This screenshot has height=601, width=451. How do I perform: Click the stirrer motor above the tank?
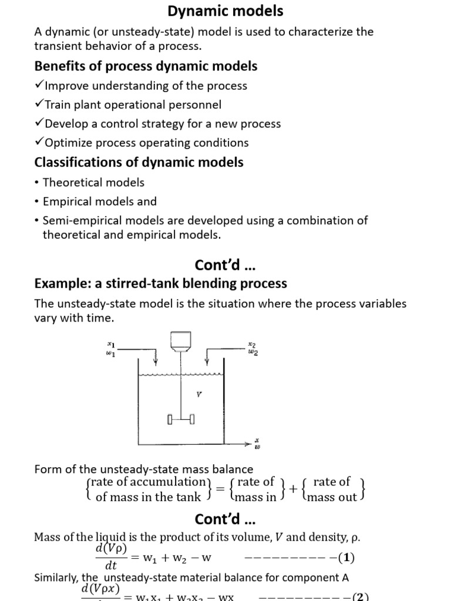tap(179, 342)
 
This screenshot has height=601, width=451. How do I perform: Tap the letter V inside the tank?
tap(198, 394)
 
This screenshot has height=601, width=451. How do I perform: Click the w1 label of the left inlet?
tap(110, 354)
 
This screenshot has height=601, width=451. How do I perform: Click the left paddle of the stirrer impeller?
tap(170, 420)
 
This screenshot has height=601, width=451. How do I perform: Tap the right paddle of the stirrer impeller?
tap(192, 420)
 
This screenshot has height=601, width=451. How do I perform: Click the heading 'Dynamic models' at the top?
tap(225, 11)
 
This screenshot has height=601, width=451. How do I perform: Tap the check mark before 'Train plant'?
tap(39, 104)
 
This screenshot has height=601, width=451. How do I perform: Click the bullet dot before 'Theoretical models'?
tap(37, 183)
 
